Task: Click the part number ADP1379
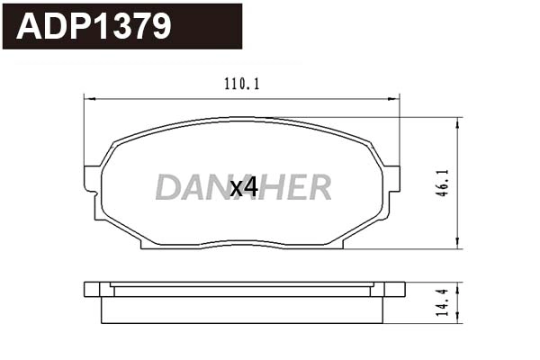click(x=94, y=26)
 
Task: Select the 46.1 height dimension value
click(x=441, y=182)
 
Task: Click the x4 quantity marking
click(x=244, y=187)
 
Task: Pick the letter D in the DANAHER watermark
click(x=168, y=187)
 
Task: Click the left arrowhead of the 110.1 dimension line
click(x=88, y=97)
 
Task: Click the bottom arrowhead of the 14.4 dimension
click(x=459, y=318)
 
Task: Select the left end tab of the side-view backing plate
click(x=92, y=289)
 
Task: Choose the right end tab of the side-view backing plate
click(x=394, y=289)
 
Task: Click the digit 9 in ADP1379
click(x=160, y=26)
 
